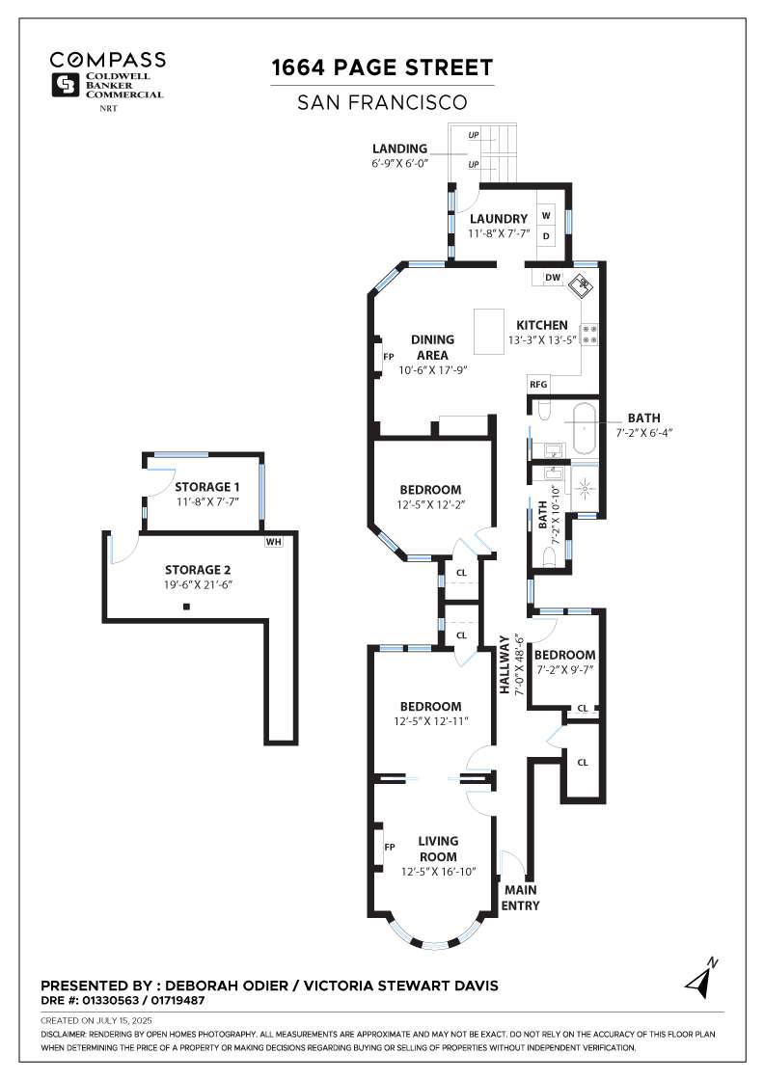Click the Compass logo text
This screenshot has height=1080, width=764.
107,60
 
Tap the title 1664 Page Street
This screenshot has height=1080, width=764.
382,67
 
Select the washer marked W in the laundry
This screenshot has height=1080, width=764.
546,215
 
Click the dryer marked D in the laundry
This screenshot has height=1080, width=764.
546,235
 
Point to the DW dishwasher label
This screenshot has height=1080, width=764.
553,278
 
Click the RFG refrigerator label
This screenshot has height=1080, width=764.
538,384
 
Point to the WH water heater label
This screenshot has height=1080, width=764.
273,541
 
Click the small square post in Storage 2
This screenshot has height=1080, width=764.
187,607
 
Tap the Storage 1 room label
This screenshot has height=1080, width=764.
204,487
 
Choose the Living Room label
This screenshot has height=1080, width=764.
438,849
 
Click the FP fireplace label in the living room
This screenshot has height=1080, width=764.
390,847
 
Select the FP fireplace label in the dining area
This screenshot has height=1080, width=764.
389,356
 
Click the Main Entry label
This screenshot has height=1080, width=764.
521,897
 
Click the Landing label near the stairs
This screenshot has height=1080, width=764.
400,148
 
